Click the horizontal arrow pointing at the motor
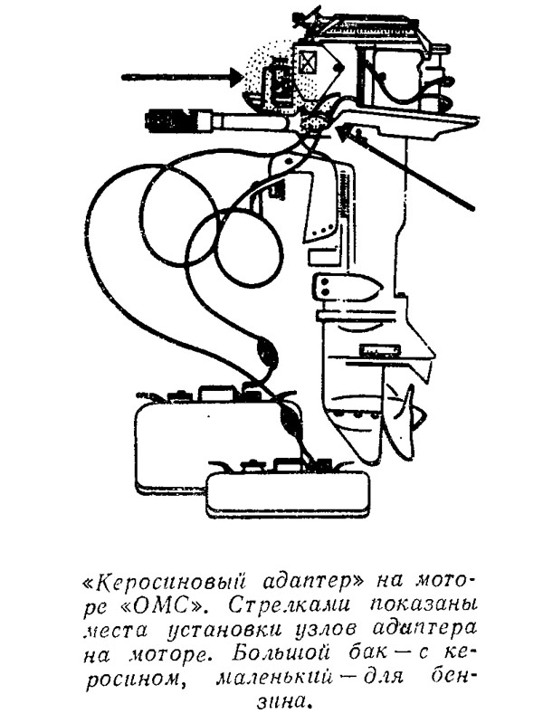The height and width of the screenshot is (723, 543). tap(182, 76)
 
